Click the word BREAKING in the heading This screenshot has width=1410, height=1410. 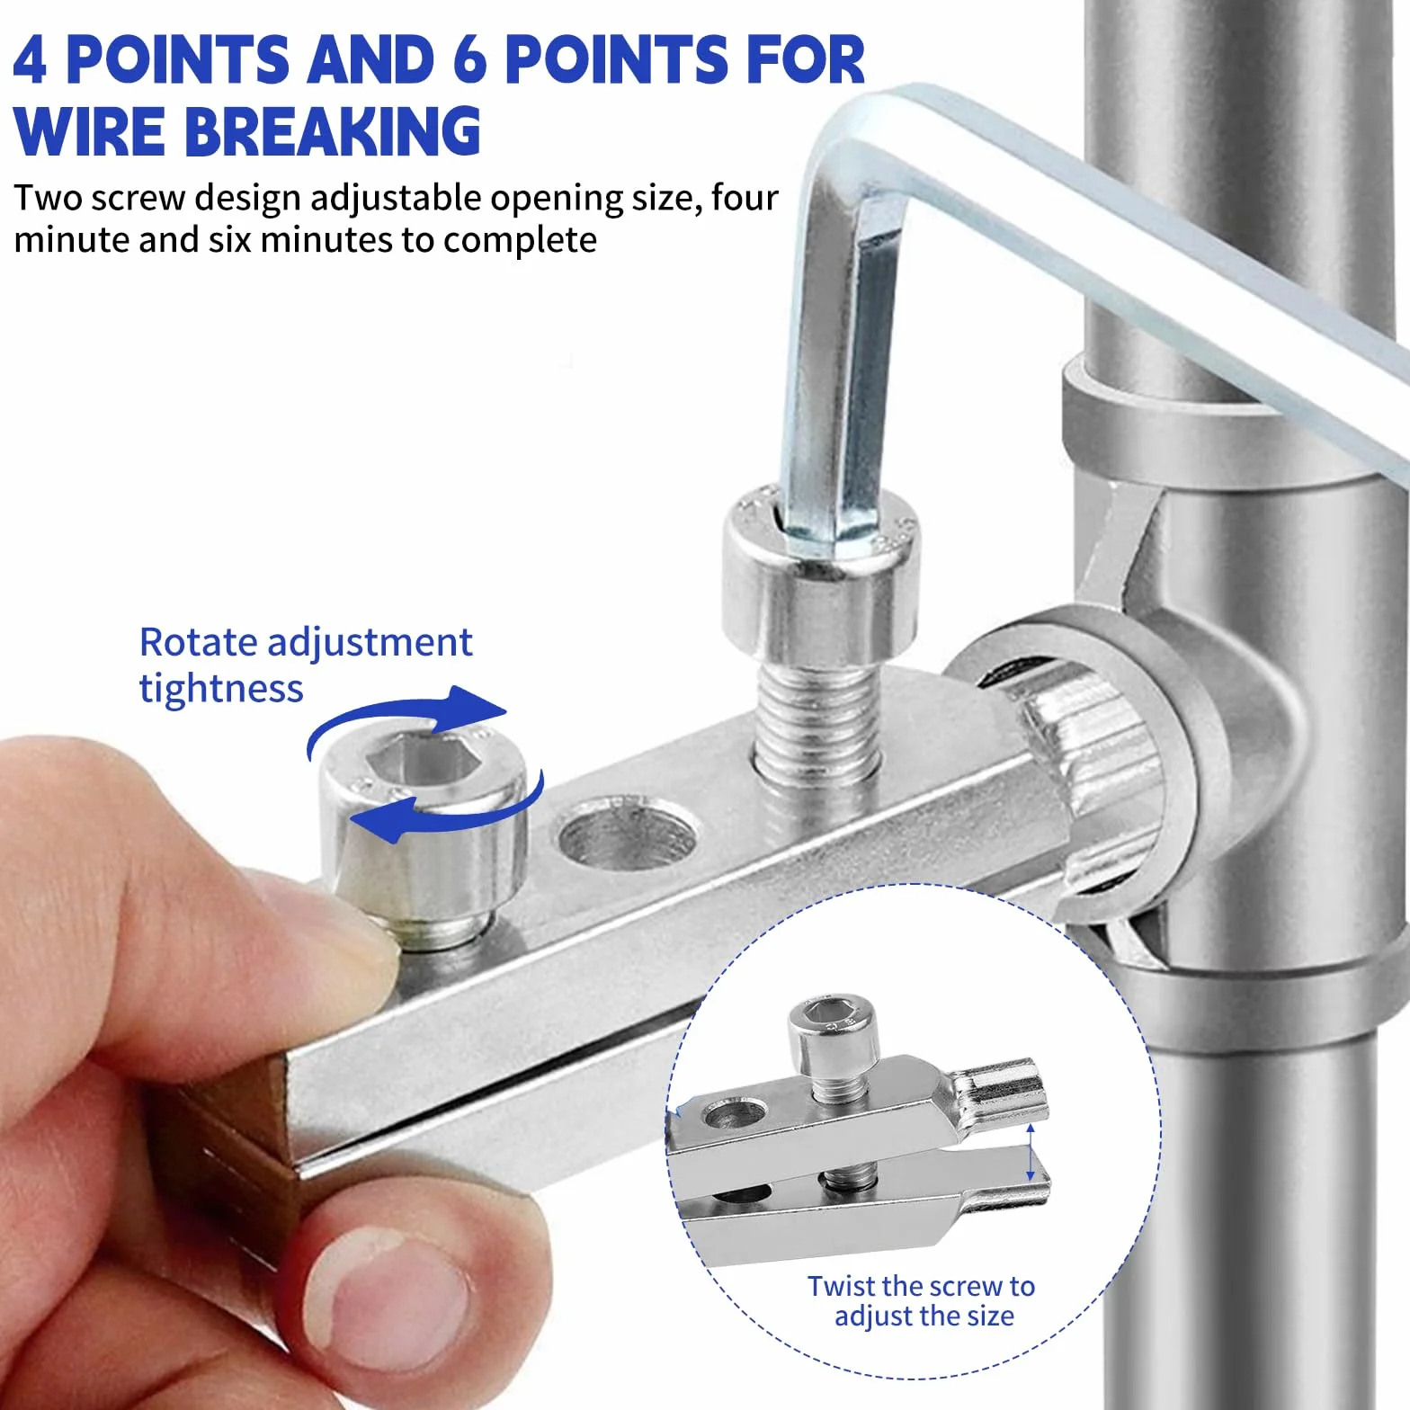tap(332, 130)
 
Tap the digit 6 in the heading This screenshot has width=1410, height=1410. tap(470, 59)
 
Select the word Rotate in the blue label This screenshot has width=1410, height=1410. tap(199, 642)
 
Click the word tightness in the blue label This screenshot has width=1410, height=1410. tap(221, 689)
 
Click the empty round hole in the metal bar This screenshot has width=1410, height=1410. tap(627, 836)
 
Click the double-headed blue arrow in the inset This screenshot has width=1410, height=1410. tap(1031, 1152)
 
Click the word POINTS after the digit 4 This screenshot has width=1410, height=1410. tap(178, 59)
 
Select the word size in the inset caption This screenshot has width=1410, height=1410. tap(990, 1316)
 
